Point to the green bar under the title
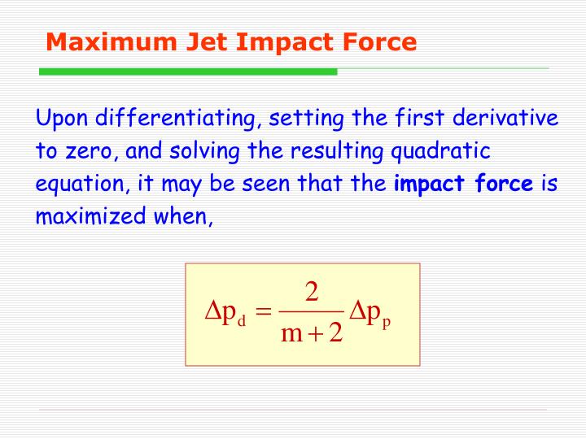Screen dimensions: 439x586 click(188, 72)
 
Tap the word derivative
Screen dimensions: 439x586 click(505, 120)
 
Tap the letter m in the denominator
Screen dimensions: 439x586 click(291, 334)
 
